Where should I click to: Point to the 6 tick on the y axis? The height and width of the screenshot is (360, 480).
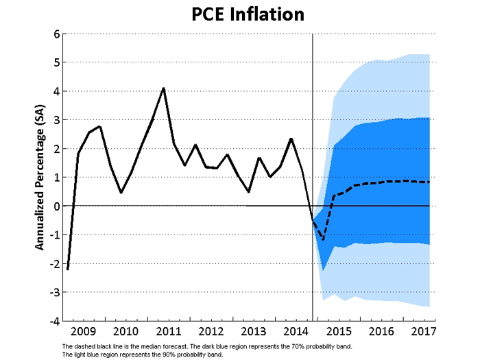click(x=55, y=34)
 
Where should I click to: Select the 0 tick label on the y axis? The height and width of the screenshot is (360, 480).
click(x=55, y=206)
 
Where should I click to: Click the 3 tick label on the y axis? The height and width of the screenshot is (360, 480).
click(x=55, y=120)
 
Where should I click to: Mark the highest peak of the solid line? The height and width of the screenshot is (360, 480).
click(x=163, y=88)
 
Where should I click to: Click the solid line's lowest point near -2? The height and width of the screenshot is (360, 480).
click(x=67, y=269)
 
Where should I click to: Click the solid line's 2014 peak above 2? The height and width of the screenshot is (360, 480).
click(x=291, y=139)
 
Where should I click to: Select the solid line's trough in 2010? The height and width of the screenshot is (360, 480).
click(x=121, y=193)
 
